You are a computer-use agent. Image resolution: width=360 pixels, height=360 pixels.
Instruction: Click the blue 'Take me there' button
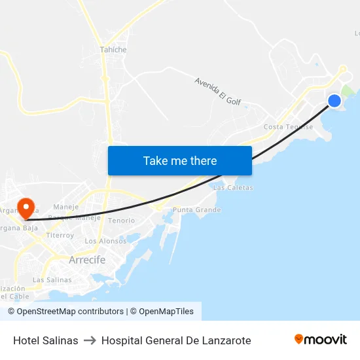click(180, 160)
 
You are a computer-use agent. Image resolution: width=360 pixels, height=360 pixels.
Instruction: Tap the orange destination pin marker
click(26, 208)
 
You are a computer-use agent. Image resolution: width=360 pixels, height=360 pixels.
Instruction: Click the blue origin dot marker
click(334, 101)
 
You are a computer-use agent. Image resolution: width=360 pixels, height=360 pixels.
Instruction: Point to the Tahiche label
click(113, 50)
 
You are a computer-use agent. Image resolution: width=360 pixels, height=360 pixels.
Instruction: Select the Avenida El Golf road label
click(218, 90)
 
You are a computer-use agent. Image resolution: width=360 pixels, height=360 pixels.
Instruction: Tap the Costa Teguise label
click(288, 127)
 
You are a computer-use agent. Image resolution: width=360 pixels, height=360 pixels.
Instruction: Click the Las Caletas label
click(233, 188)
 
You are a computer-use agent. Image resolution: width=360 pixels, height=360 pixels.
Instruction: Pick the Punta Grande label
click(196, 210)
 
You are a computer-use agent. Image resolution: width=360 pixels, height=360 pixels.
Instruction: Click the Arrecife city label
click(87, 260)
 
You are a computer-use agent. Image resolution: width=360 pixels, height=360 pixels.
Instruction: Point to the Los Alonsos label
click(105, 241)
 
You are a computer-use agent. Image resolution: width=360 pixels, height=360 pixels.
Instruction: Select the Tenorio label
click(121, 221)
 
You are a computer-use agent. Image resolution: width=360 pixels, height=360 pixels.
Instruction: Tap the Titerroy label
click(60, 235)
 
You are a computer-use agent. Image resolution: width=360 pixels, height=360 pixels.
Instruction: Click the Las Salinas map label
click(52, 279)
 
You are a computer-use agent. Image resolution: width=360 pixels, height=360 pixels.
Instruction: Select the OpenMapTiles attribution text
click(165, 312)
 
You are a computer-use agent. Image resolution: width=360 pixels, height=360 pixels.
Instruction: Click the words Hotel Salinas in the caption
click(46, 340)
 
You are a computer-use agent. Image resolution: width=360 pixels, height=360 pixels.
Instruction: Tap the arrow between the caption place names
click(90, 340)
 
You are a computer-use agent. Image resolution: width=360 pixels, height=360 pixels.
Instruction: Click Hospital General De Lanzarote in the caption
click(176, 340)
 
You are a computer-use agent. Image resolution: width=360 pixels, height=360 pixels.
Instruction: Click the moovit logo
click(320, 339)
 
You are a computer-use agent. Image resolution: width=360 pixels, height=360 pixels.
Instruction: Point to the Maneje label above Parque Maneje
click(65, 207)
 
